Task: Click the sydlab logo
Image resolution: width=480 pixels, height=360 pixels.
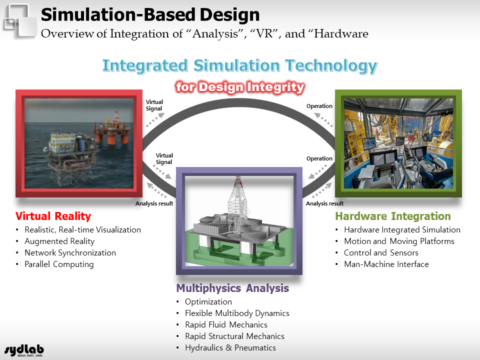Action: click(24, 350)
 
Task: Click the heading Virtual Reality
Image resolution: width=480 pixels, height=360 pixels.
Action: click(53, 216)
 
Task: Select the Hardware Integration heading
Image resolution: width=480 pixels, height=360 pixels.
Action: click(393, 216)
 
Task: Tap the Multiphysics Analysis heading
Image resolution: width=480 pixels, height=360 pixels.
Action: click(232, 288)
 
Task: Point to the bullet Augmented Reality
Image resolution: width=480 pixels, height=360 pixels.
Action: click(59, 241)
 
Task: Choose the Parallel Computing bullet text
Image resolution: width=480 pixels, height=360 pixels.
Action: click(59, 264)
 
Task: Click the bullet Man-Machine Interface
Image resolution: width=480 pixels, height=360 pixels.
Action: click(386, 264)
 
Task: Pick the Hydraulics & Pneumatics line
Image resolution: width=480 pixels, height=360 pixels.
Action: click(230, 348)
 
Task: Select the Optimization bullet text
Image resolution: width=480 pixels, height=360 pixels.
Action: click(208, 302)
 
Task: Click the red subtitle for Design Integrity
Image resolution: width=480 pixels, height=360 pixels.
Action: click(240, 87)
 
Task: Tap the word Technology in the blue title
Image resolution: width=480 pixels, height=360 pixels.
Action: click(331, 66)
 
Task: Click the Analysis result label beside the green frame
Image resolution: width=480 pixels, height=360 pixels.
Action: click(324, 203)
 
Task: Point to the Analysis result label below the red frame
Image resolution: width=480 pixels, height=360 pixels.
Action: click(154, 203)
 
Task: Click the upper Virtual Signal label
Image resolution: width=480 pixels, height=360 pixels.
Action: click(154, 105)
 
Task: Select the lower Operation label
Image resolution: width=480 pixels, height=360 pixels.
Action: click(319, 158)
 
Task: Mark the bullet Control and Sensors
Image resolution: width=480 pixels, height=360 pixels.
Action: click(381, 253)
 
